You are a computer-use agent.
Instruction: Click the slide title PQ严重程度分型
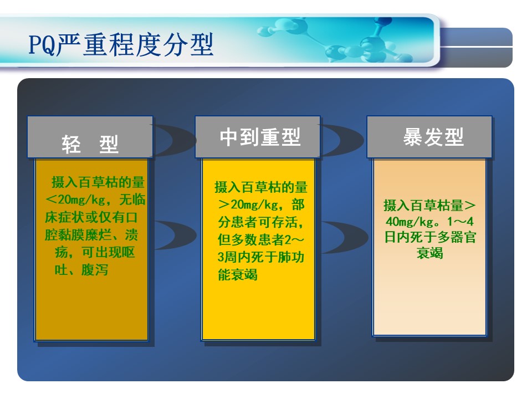(x=121, y=44)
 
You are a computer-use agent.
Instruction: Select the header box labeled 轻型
(x=90, y=137)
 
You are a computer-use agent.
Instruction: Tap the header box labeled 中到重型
(x=258, y=137)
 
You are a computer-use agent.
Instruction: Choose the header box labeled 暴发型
(x=429, y=137)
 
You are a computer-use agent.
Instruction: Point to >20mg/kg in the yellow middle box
(x=248, y=204)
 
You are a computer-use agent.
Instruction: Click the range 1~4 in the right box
(x=460, y=222)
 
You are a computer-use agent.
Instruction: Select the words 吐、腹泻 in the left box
(x=81, y=270)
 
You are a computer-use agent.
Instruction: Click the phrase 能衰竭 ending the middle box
(x=238, y=274)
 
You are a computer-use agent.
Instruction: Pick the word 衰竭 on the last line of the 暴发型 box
(x=430, y=253)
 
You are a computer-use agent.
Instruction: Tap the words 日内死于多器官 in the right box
(x=430, y=237)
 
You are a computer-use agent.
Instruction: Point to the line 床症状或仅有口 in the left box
(x=91, y=217)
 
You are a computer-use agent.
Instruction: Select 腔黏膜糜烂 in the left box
(x=78, y=235)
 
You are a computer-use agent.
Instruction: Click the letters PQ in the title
(x=42, y=45)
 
